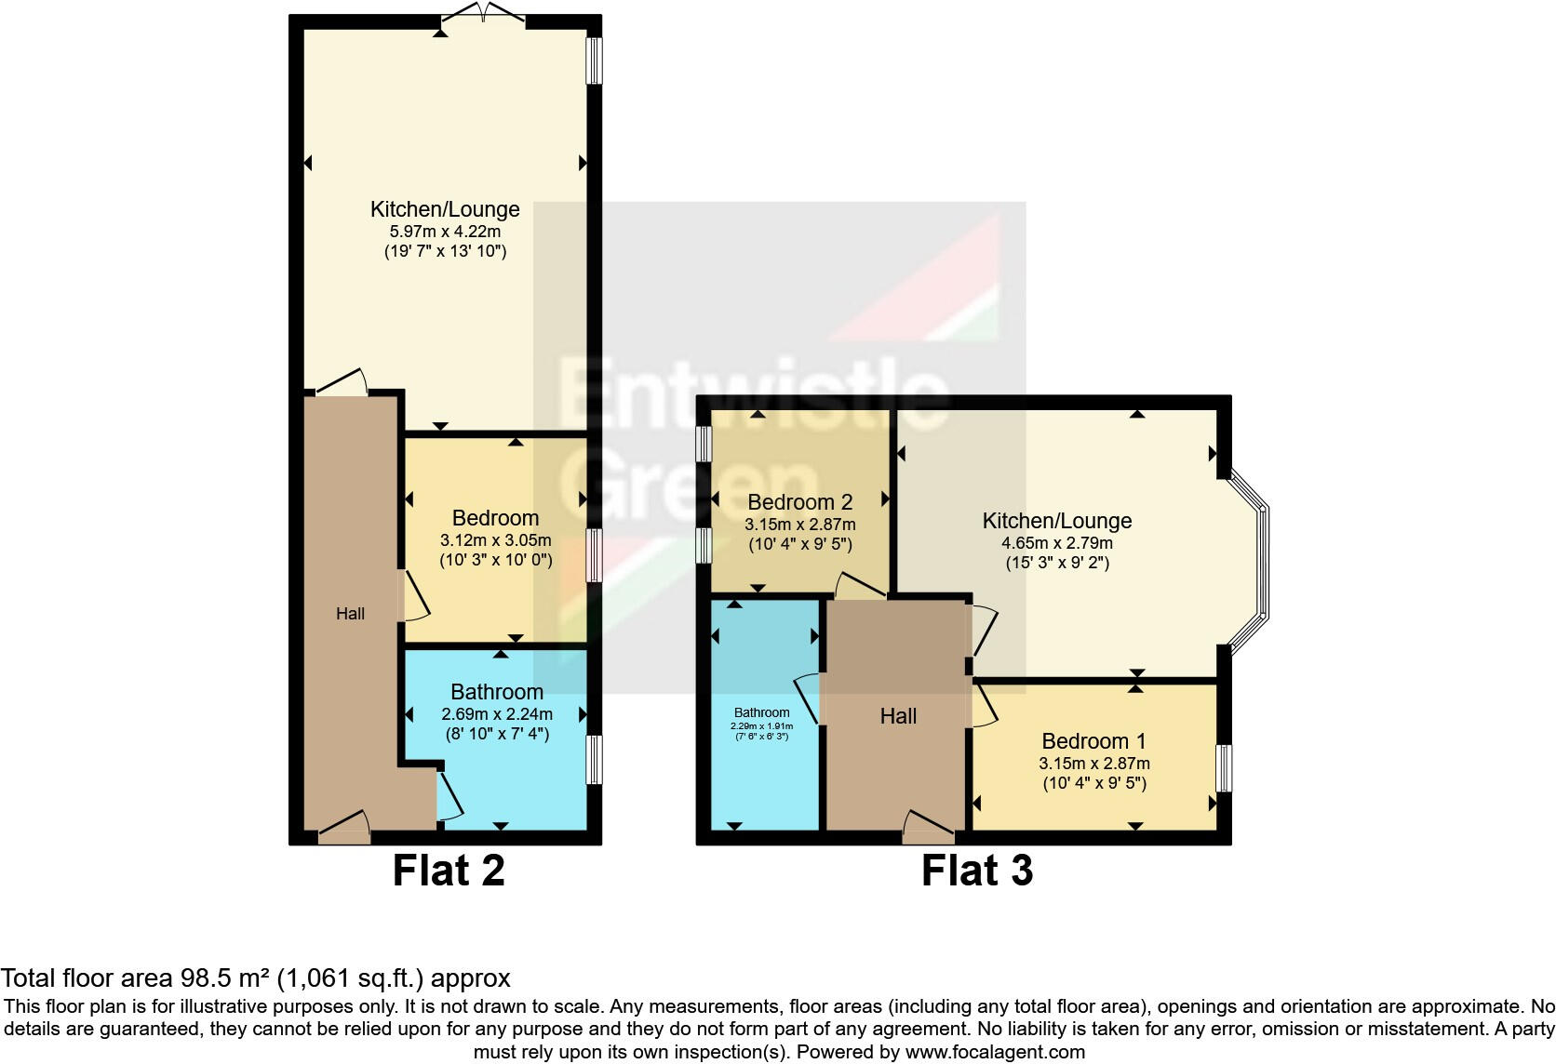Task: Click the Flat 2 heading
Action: (449, 871)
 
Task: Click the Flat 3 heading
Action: (976, 871)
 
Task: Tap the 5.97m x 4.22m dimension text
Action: (445, 231)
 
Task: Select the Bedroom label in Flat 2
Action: (495, 518)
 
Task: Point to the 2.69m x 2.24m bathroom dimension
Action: (497, 714)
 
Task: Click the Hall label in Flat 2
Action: (350, 614)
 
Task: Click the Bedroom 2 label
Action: (799, 502)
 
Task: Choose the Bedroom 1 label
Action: (1093, 741)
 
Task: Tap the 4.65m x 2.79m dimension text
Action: (1057, 543)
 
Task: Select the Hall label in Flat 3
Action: (898, 716)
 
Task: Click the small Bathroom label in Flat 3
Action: (761, 712)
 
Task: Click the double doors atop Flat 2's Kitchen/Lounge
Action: (482, 15)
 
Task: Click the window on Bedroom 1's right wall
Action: (1225, 768)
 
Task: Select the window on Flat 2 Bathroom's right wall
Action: (594, 760)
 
